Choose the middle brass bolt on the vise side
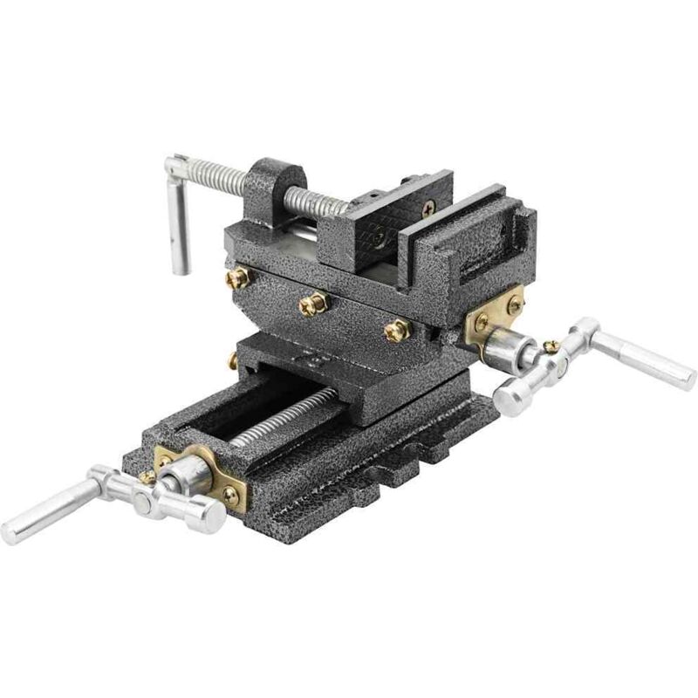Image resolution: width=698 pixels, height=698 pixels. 311,305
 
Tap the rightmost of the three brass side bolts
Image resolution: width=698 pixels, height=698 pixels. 397,330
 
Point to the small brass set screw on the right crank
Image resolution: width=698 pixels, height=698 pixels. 549,346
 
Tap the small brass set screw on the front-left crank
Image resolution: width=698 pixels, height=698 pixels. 147,478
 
